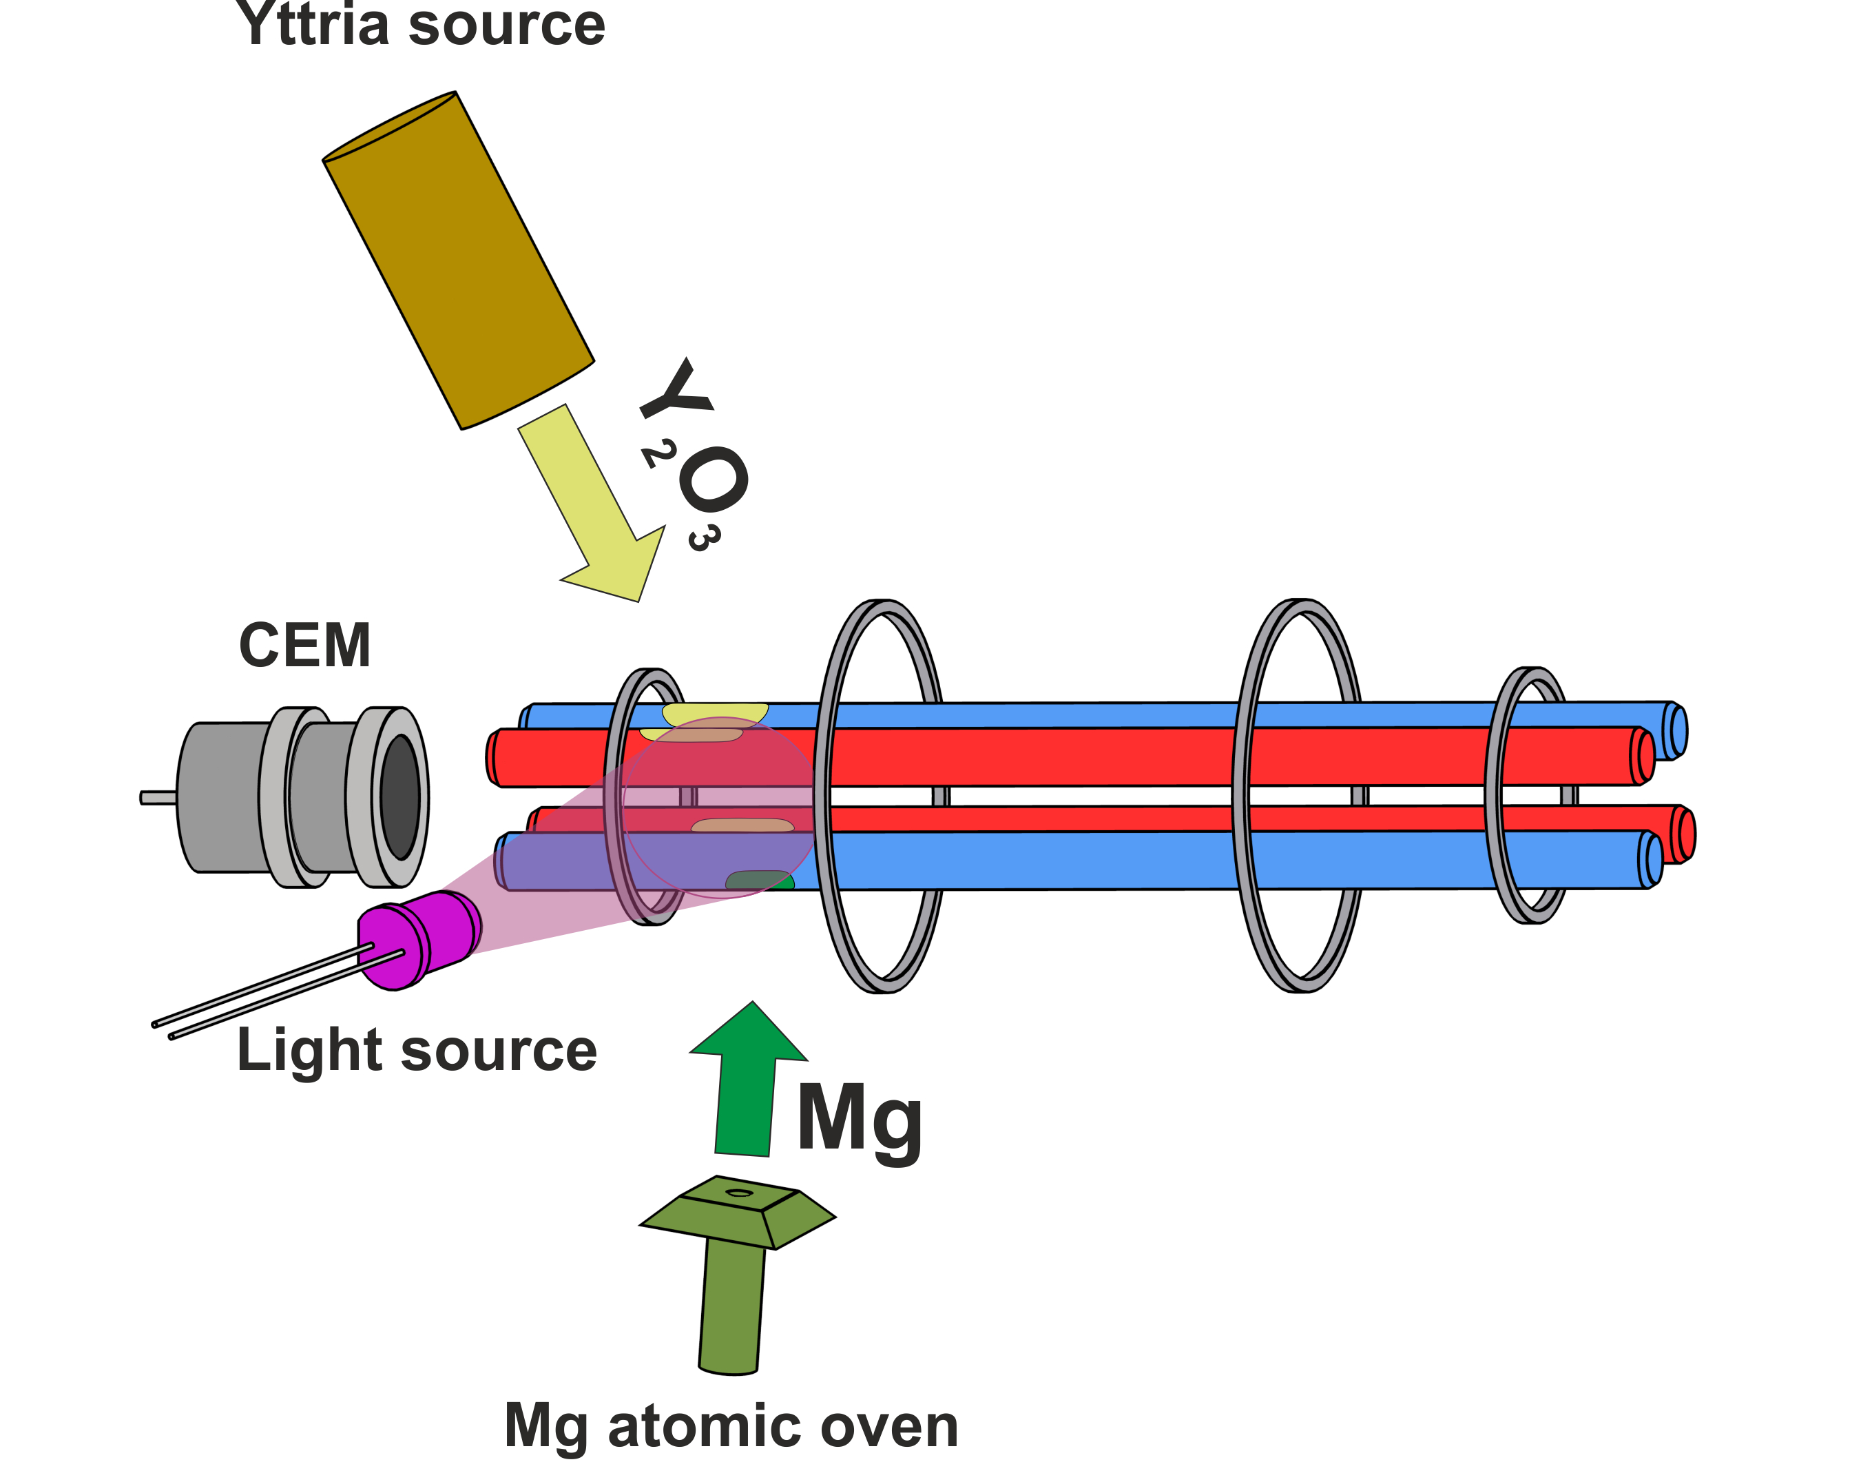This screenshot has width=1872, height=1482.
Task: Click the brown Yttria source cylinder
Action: click(x=458, y=260)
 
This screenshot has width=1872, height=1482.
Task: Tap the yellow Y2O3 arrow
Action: click(x=599, y=512)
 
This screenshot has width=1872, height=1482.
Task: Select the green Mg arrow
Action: click(x=747, y=1084)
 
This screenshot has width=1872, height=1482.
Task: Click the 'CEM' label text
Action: click(x=304, y=646)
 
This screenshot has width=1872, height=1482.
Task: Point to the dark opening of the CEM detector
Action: click(x=400, y=796)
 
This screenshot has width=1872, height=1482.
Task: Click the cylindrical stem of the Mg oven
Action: click(x=731, y=1306)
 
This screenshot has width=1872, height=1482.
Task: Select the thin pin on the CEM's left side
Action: click(x=158, y=797)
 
